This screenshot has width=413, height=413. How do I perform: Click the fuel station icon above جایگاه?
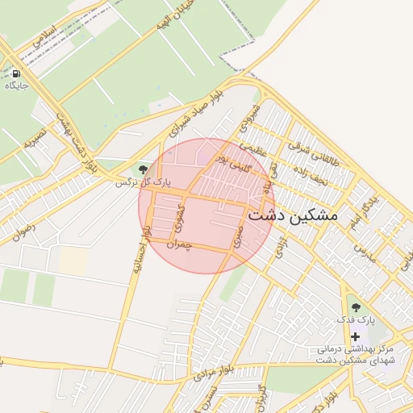tap(16, 73)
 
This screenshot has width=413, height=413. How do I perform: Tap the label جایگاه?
tap(17, 85)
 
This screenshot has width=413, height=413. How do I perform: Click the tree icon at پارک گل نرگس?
tap(143, 169)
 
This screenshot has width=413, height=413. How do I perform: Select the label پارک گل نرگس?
tap(134, 183)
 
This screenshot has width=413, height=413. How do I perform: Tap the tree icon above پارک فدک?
tap(355, 307)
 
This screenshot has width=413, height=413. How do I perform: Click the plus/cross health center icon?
tap(355, 336)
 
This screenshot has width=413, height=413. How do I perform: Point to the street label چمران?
tap(178, 243)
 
